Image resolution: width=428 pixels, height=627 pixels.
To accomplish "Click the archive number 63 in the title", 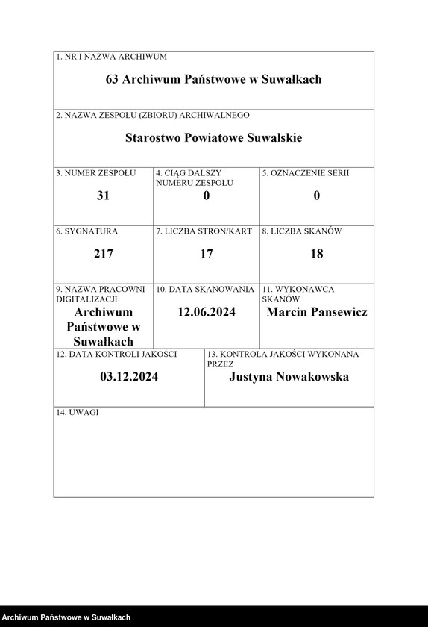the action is (113, 79).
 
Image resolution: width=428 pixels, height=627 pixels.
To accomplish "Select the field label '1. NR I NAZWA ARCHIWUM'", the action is (112, 57).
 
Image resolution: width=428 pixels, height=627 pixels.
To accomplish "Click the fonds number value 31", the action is (104, 196).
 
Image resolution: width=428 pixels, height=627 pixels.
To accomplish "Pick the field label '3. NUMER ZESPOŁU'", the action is (96, 173).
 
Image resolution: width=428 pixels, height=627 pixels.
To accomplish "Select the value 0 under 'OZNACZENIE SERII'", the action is (317, 196).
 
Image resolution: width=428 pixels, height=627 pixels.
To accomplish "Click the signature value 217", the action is (104, 254).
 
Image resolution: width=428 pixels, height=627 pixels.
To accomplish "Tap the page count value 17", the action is (207, 254).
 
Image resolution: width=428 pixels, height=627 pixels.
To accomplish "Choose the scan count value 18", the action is (317, 254).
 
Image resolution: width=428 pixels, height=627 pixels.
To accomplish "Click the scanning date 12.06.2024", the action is (207, 312).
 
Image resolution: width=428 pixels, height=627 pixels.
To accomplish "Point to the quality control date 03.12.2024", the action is (129, 377).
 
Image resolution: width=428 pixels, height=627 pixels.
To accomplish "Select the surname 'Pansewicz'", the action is (333, 312).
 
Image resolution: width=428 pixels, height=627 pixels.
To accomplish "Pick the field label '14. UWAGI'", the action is (78, 413).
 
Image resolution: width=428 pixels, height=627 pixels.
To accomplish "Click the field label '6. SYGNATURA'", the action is (87, 231).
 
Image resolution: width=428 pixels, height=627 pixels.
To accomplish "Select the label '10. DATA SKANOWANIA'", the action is (205, 289).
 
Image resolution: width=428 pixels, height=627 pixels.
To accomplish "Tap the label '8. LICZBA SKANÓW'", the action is (302, 231).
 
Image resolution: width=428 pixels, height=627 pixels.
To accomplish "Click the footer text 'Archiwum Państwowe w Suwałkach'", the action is (66, 618).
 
